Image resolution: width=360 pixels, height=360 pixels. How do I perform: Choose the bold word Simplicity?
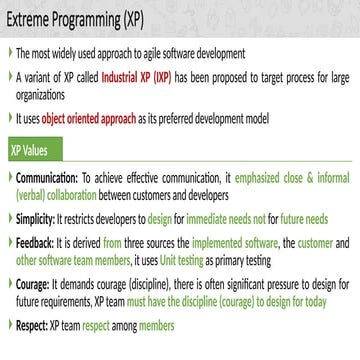(x=36, y=215)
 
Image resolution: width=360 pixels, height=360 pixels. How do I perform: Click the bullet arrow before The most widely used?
(x=9, y=51)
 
